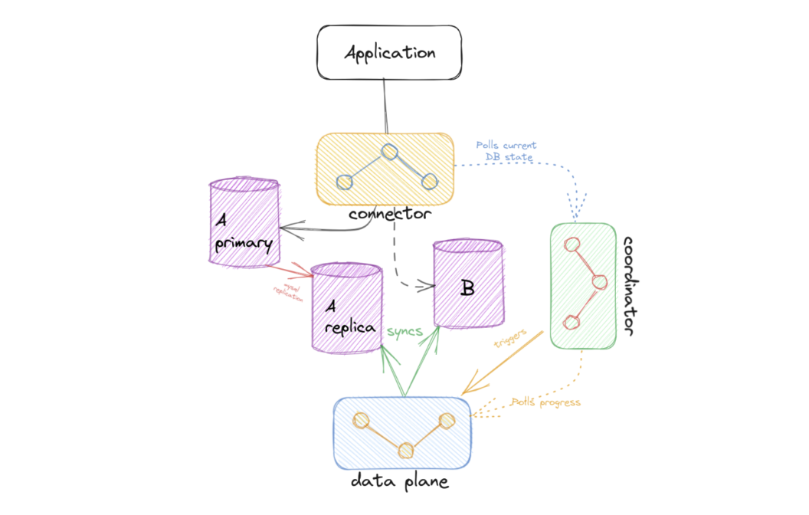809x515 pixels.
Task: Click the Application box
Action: (388, 53)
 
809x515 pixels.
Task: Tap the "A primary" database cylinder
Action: (244, 223)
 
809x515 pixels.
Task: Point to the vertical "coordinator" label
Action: (633, 285)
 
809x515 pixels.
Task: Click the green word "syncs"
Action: (404, 330)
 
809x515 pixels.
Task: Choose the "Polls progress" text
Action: (545, 402)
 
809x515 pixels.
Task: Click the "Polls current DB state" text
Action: (506, 151)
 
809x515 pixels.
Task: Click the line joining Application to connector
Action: (385, 107)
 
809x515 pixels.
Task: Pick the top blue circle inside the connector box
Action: (389, 152)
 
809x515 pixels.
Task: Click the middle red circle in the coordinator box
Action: (599, 281)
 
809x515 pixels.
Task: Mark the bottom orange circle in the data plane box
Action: (406, 449)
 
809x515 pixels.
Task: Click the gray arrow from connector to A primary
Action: (322, 225)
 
